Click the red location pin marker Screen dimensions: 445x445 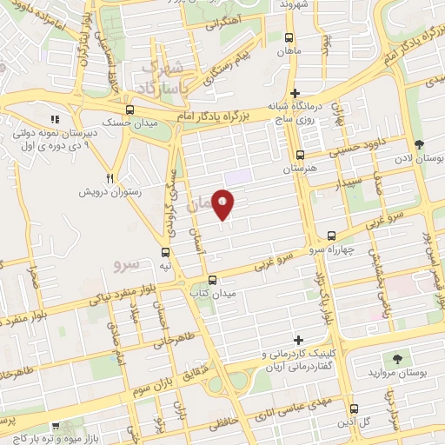[x=223, y=203]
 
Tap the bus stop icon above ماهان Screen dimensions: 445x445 [x=289, y=37]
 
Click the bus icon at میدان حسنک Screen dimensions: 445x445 [x=130, y=110]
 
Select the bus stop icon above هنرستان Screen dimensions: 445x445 [x=300, y=156]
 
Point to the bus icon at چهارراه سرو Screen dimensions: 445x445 [x=331, y=235]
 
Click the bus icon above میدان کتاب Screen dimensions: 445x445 [x=213, y=280]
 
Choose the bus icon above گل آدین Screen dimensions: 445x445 [x=352, y=408]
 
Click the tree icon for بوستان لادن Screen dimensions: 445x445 [x=419, y=143]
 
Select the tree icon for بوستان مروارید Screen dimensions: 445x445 [x=398, y=358]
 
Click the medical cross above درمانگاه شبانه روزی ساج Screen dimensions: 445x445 [x=296, y=93]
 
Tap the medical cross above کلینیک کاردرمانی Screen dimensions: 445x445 [x=299, y=340]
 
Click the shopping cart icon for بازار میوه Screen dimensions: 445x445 [x=56, y=427]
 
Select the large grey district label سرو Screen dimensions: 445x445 [x=127, y=260]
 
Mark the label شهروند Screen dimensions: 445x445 [x=294, y=4]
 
